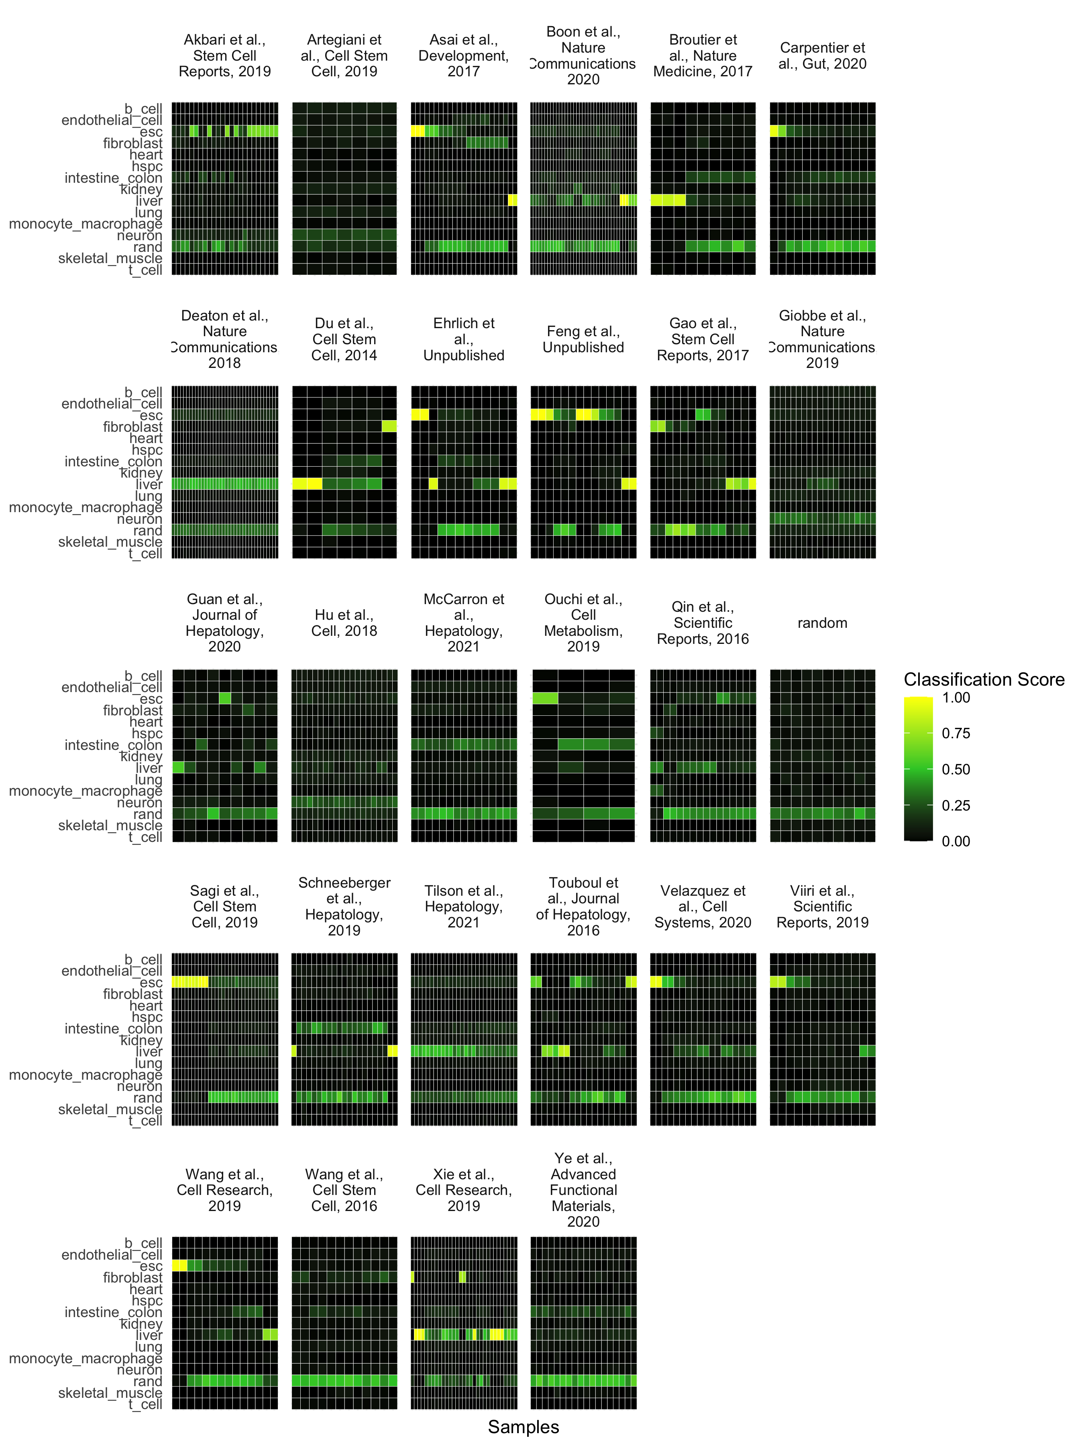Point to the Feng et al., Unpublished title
583,339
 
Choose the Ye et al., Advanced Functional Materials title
583,1190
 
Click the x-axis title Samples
524,1427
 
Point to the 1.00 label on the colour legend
955,698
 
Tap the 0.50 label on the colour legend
955,770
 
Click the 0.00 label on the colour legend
955,841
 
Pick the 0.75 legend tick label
955,733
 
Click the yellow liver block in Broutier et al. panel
668,201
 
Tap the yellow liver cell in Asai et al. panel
512,201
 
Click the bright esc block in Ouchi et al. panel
545,699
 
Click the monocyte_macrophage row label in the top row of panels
86,224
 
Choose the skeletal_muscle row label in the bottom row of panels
110,1393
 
